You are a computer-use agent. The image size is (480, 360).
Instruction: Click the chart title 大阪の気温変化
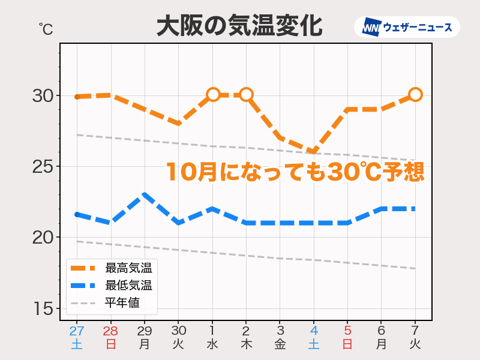pyautogui.click(x=239, y=26)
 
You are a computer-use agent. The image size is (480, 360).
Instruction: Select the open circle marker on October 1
pyautogui.click(x=212, y=94)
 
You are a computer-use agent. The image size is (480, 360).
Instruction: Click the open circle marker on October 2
pyautogui.click(x=246, y=94)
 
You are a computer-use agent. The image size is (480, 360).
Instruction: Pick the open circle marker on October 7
pyautogui.click(x=415, y=94)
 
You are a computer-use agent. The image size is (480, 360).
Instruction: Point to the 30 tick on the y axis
pyautogui.click(x=43, y=96)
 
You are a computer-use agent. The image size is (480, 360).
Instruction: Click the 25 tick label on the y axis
pyautogui.click(x=43, y=167)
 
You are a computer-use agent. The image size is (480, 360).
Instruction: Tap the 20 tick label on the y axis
pyautogui.click(x=43, y=238)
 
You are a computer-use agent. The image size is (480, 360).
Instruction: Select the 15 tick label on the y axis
pyautogui.click(x=43, y=309)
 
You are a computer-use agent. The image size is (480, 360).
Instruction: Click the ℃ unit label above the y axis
pyautogui.click(x=46, y=29)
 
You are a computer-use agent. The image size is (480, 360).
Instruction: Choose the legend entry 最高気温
pyautogui.click(x=128, y=268)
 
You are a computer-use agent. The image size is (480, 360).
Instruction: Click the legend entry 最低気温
pyautogui.click(x=128, y=285)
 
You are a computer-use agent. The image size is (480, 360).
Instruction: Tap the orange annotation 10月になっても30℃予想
pyautogui.click(x=295, y=172)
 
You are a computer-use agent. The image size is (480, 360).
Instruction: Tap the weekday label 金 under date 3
pyautogui.click(x=280, y=344)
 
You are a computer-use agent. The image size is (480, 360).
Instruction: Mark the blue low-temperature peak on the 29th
pyautogui.click(x=144, y=194)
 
